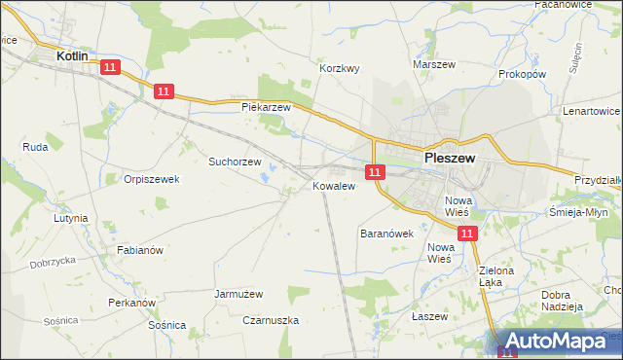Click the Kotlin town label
point(73,56)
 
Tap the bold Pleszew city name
point(449,156)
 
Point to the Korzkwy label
point(341,69)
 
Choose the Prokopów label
point(522,74)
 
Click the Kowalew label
point(332,185)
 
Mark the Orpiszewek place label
point(152,179)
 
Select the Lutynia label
point(71,219)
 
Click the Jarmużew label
point(239,293)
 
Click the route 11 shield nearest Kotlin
point(109,67)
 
